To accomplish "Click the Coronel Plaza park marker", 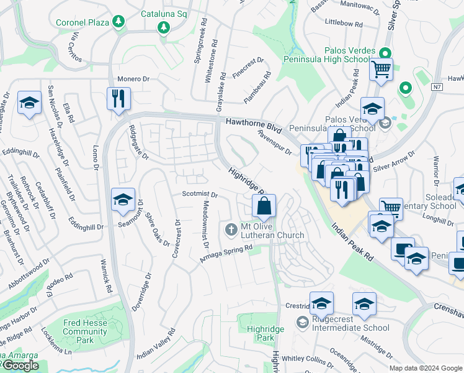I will (x=117, y=22).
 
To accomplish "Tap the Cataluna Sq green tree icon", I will (x=163, y=27).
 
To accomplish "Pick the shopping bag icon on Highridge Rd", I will (x=264, y=205).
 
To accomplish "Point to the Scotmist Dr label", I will (x=200, y=194).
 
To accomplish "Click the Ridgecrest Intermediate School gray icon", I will (x=302, y=322).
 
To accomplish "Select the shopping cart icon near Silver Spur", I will (x=381, y=68).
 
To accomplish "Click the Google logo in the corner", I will (x=20, y=366).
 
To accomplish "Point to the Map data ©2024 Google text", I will (x=426, y=368).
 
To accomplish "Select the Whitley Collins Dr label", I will (x=308, y=359).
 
